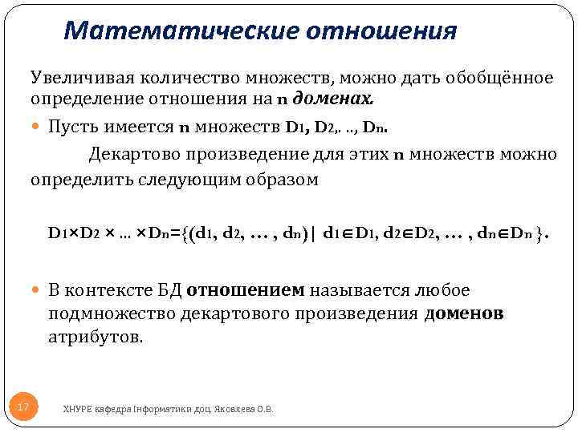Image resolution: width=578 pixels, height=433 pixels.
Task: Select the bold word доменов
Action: tap(463, 314)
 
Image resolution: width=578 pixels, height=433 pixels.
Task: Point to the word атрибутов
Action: tap(96, 338)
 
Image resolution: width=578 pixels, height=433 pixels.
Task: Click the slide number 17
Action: tap(23, 408)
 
